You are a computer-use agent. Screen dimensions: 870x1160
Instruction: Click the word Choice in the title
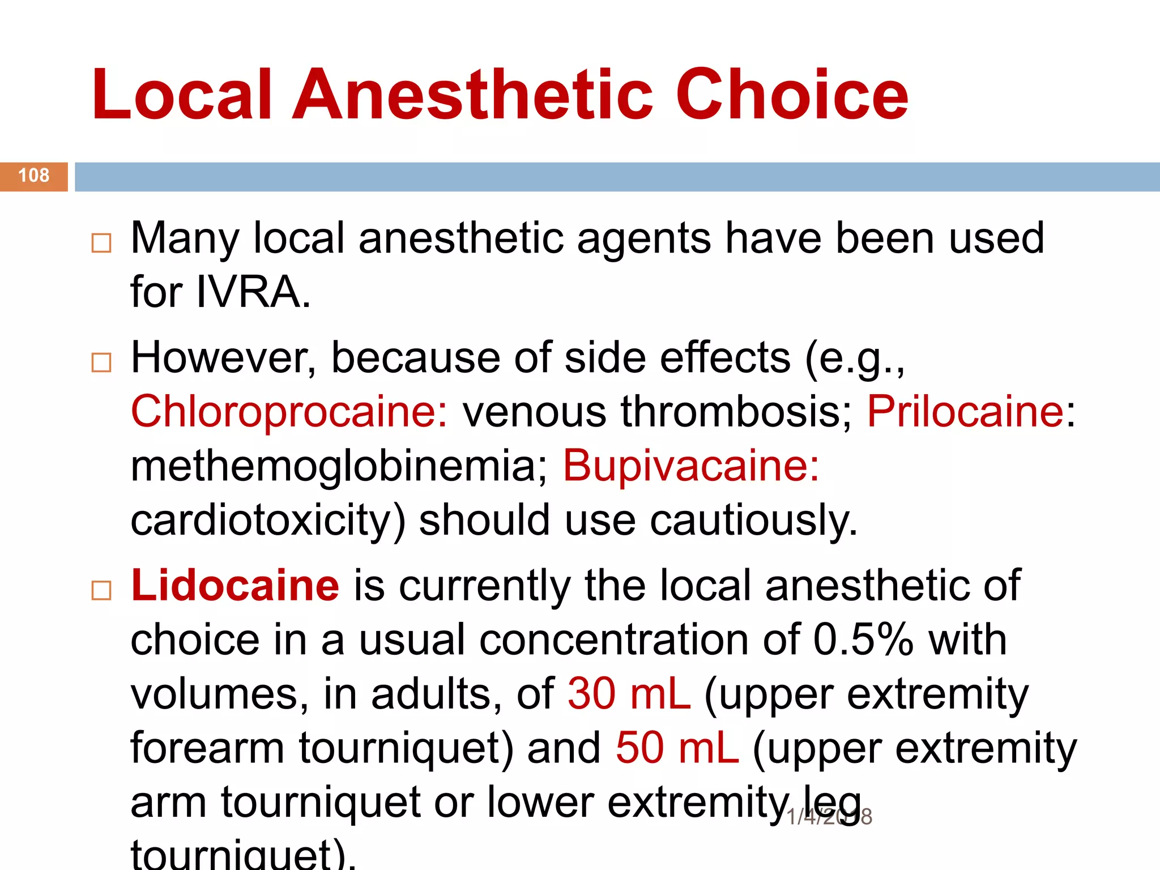pyautogui.click(x=792, y=95)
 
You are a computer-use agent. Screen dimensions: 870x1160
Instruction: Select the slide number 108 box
pyautogui.click(x=34, y=176)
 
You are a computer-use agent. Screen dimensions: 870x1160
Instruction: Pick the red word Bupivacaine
pyautogui.click(x=690, y=466)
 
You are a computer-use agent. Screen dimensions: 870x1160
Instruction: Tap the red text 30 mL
pyautogui.click(x=629, y=694)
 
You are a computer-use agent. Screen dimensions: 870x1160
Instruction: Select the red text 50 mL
pyautogui.click(x=677, y=748)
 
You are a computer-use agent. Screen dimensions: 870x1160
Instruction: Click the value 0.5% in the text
pyautogui.click(x=863, y=640)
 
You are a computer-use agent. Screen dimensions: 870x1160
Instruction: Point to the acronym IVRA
pyautogui.click(x=253, y=293)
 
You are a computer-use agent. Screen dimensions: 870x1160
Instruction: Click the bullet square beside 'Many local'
pyautogui.click(x=101, y=244)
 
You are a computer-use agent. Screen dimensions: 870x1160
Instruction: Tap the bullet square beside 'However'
pyautogui.click(x=101, y=362)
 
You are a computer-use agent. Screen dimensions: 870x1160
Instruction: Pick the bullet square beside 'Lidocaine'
pyautogui.click(x=101, y=591)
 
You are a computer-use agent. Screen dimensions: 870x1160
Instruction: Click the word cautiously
pyautogui.click(x=753, y=521)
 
